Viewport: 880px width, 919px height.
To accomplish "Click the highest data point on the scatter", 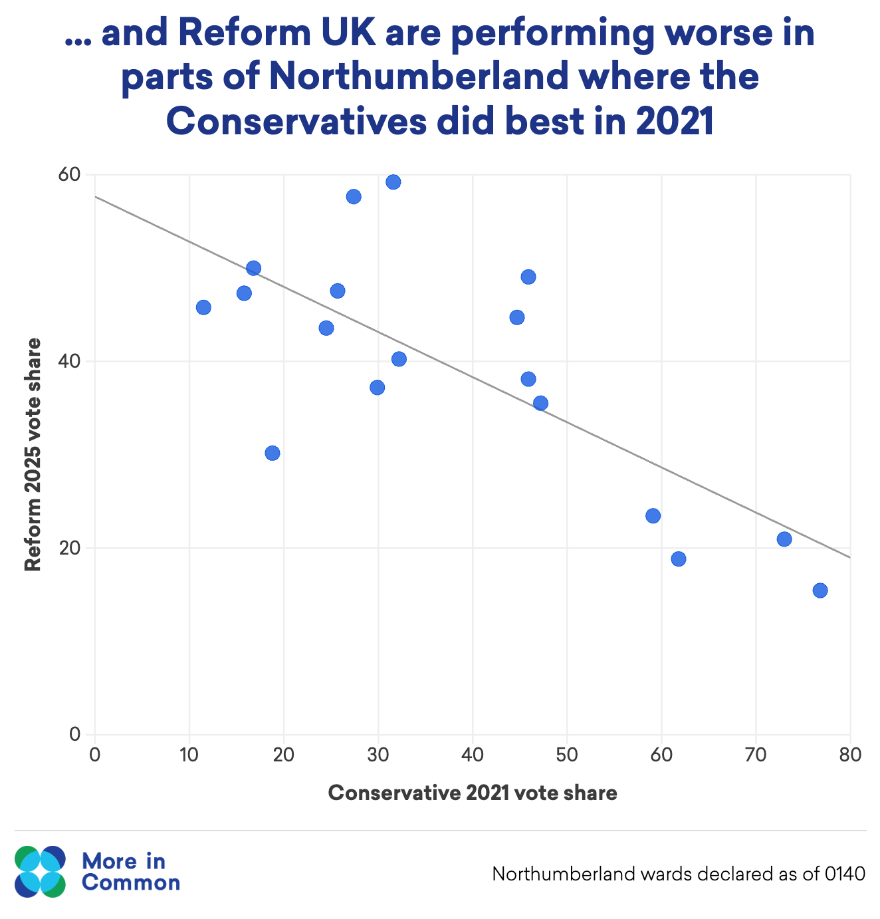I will coord(393,182).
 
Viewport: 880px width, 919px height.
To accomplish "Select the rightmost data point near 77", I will coord(820,591).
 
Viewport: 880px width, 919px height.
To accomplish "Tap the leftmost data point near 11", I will coord(203,307).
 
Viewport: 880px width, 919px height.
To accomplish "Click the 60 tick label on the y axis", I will coord(70,175).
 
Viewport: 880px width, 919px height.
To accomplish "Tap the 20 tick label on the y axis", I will coord(70,549).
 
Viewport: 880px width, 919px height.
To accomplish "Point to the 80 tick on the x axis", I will coord(850,755).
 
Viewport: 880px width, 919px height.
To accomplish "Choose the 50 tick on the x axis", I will coord(567,755).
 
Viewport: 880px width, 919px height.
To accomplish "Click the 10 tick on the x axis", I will coord(189,755).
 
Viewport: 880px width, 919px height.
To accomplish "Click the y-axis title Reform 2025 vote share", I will coord(33,455).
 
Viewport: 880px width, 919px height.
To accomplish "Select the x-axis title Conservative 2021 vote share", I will coord(473,793).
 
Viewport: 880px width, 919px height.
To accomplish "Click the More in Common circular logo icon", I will coord(40,872).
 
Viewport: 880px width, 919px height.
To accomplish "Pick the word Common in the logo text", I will coord(130,883).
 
